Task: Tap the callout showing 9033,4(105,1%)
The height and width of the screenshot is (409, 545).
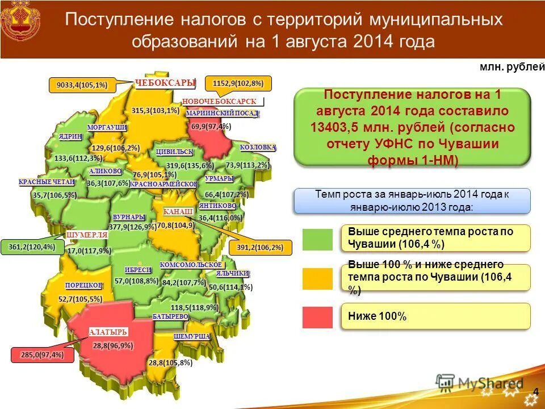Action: coord(82,85)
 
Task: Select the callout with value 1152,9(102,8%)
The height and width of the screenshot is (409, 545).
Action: coord(238,84)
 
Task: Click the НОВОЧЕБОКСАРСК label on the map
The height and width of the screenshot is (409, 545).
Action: coord(219,101)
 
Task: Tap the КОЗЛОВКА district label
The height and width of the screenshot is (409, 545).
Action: coord(258,147)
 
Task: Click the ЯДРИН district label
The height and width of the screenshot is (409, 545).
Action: coord(71,137)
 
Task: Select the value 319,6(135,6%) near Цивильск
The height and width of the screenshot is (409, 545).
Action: coord(190,166)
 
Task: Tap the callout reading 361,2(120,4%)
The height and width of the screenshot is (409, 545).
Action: coord(32,247)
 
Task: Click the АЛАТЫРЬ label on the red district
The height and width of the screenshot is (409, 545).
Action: coord(108,332)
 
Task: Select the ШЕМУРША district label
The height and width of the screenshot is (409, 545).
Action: coord(192,336)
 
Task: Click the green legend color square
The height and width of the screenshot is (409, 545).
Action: coord(317,239)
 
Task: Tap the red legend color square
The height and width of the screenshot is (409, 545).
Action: coord(317,317)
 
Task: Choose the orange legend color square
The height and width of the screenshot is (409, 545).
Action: coord(317,278)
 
